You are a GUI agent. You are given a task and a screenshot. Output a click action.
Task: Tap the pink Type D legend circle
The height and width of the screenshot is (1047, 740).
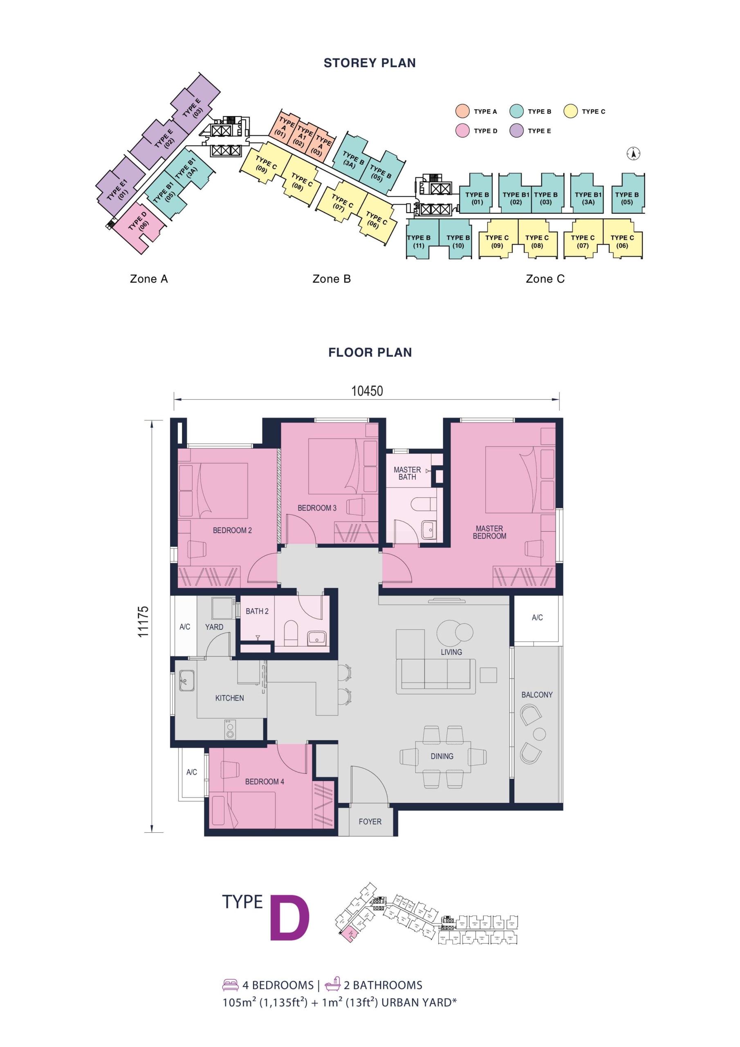(462, 130)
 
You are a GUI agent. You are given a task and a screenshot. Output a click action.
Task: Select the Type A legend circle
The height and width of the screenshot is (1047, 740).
(462, 111)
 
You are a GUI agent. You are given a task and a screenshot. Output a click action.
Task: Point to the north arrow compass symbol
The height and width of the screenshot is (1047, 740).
(633, 154)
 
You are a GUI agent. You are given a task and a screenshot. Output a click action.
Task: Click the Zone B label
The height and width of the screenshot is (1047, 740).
(332, 279)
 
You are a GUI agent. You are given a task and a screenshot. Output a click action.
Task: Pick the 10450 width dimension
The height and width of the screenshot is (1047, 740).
(367, 391)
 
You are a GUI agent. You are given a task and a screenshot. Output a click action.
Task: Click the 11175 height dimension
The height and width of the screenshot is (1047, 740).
(143, 622)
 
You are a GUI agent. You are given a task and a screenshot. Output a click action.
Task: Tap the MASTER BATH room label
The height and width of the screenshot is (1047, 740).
(407, 473)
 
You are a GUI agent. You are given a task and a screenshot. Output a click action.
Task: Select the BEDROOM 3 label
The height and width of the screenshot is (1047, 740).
(317, 508)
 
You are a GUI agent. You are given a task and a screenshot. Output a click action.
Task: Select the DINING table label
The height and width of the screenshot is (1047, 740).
(442, 756)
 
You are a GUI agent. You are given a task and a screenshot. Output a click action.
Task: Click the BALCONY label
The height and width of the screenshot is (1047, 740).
(537, 694)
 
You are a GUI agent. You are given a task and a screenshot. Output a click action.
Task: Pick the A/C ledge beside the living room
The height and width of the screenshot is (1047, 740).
(537, 618)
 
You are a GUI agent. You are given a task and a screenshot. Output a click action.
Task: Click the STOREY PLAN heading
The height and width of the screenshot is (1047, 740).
(369, 63)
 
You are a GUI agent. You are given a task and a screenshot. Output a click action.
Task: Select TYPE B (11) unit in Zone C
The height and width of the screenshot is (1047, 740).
(419, 241)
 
